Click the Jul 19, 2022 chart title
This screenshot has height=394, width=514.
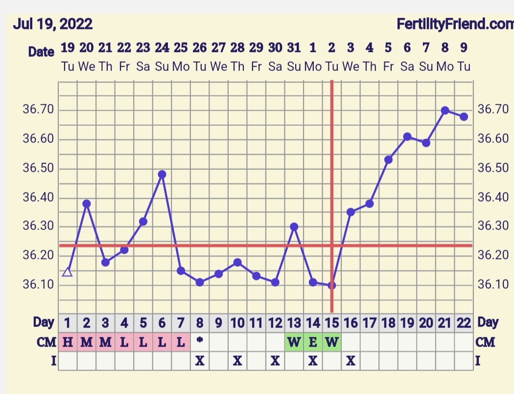point(52,23)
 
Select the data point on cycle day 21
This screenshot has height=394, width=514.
point(445,111)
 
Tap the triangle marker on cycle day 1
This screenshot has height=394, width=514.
point(68,272)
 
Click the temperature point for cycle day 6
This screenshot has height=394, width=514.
point(162,174)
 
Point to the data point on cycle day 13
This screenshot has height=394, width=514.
point(294,227)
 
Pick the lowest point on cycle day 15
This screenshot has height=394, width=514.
point(332,285)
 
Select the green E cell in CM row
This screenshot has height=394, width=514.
point(313,342)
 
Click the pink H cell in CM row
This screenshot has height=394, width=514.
point(68,342)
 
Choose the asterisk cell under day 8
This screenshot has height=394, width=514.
point(200,342)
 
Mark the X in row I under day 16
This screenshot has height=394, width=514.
point(350,361)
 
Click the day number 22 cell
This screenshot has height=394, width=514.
point(464,323)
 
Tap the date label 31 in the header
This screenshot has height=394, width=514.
point(294,48)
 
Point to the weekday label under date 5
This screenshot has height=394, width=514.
point(388,67)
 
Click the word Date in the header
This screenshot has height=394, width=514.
point(41,52)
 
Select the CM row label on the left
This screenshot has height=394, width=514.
point(47,342)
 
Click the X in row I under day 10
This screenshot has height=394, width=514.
point(237,361)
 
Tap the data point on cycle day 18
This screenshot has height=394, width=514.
point(388,160)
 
